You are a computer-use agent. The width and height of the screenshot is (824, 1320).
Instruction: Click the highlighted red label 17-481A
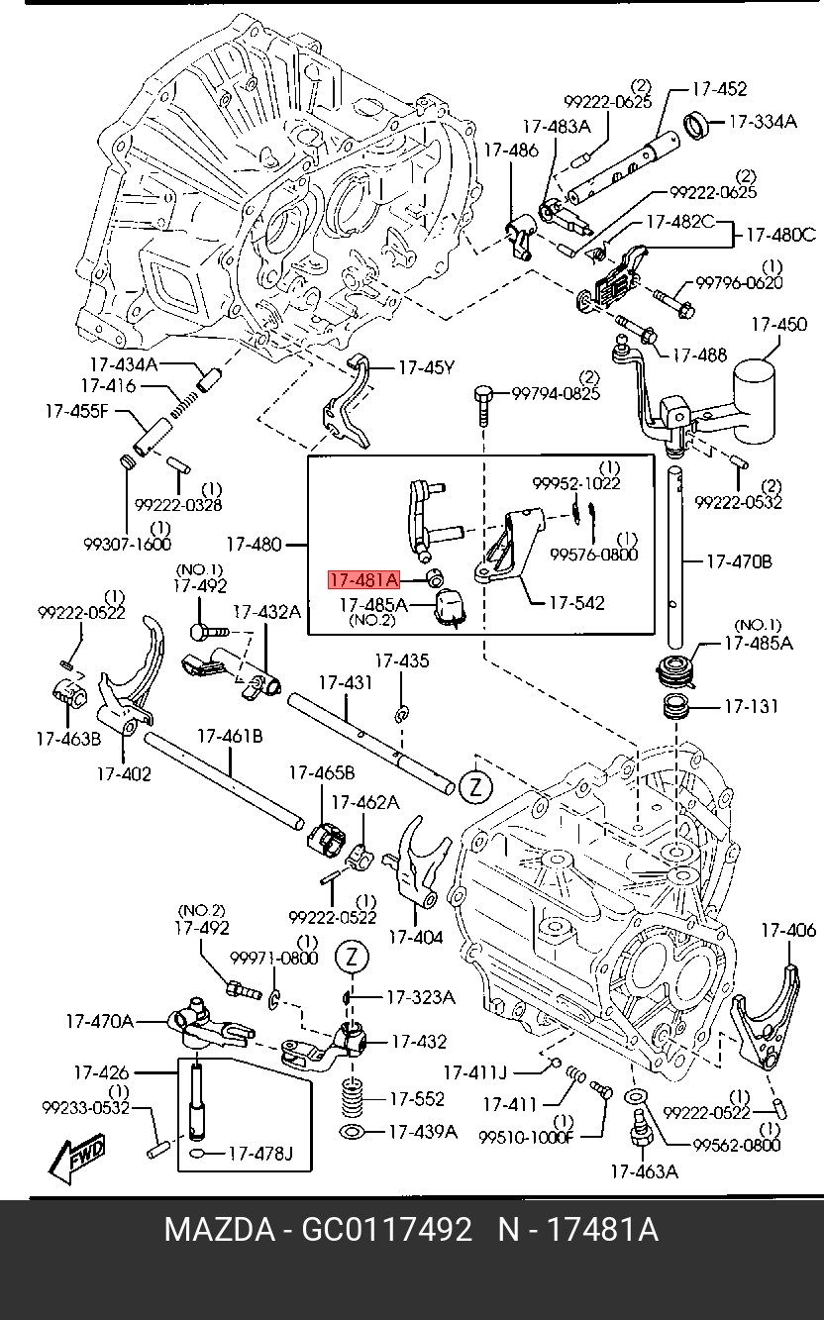coord(363,579)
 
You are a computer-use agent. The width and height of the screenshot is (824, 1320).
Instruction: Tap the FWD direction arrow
coord(76,1159)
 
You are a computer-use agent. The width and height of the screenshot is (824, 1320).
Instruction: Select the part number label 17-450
coord(777,325)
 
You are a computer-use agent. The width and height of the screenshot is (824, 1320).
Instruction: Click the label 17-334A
coord(763,121)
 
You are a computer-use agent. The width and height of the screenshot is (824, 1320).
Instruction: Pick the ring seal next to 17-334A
coord(700,126)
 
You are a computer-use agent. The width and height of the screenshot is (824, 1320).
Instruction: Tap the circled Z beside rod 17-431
coord(475,787)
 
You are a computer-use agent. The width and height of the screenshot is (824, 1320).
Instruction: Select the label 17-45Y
coord(426,367)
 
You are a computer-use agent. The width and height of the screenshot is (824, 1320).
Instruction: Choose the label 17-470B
coord(738,561)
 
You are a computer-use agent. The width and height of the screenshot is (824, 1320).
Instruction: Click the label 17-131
coord(750,707)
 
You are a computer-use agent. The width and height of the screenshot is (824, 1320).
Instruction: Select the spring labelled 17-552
coord(350,1097)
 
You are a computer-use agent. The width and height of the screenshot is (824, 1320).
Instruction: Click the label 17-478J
coord(260,1153)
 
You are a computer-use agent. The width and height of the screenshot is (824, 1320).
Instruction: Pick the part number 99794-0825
coord(556,393)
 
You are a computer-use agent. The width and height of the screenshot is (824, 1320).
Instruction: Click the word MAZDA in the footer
coord(219,1231)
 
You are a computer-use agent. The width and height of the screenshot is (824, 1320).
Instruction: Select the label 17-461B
coord(230,736)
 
